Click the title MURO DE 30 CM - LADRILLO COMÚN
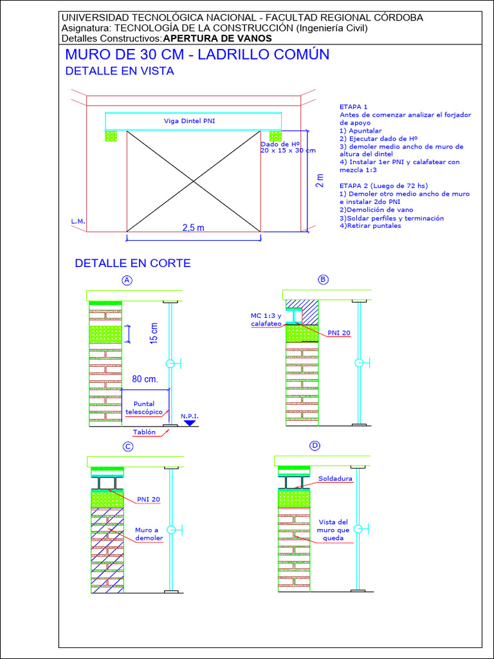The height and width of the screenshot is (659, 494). [197, 55]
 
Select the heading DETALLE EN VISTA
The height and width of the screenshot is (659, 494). [120, 71]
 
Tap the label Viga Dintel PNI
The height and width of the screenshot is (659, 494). [189, 121]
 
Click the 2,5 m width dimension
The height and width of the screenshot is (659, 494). [193, 228]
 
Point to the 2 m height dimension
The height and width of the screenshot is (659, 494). [320, 181]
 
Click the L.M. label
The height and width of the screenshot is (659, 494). [78, 221]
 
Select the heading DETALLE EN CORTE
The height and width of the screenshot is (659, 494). [133, 263]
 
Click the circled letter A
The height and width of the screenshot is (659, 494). [127, 280]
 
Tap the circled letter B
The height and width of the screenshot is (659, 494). [324, 279]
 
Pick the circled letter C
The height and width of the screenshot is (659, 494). [128, 447]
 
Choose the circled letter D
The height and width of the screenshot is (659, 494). [315, 446]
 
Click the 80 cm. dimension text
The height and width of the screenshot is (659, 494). [145, 379]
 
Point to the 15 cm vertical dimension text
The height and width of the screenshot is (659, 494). [154, 333]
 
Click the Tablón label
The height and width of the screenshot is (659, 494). [144, 432]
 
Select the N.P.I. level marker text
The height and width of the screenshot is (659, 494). [190, 416]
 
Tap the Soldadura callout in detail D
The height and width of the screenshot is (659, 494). [335, 479]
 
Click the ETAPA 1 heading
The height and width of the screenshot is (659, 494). [353, 107]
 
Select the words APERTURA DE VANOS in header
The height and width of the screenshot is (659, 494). [217, 38]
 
